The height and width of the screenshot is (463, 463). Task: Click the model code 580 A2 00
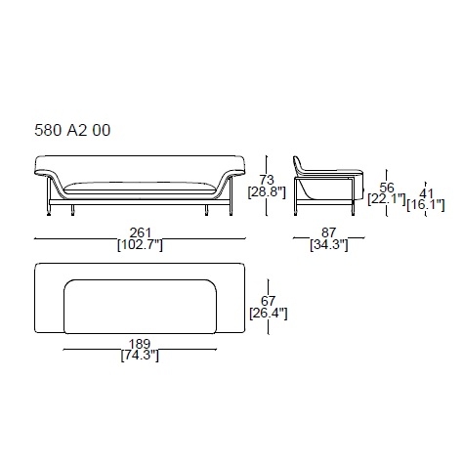pos(72,130)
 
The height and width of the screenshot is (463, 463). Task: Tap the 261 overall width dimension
pos(141,232)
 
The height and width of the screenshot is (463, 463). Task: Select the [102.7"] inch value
pos(140,245)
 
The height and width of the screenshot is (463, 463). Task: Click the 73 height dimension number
pos(267,180)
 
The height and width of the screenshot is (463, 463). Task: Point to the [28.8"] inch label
pos(267,191)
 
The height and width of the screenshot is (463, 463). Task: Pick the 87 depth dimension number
pos(328,232)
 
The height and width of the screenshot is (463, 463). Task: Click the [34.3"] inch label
pos(329,244)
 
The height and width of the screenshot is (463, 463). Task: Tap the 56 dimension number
pos(387,188)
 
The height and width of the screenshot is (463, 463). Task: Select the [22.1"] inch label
pos(387,198)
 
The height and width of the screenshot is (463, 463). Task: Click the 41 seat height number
pos(426,193)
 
